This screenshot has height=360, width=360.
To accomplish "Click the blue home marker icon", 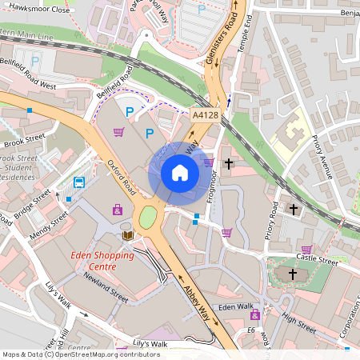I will [x=180, y=173].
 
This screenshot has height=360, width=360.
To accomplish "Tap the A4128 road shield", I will [x=205, y=116].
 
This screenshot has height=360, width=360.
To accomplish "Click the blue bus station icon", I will [x=79, y=182].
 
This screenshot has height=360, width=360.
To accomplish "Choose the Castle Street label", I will [x=318, y=260].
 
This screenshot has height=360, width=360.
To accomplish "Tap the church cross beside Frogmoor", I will [x=229, y=164].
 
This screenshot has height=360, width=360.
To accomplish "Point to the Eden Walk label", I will [x=235, y=306].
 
